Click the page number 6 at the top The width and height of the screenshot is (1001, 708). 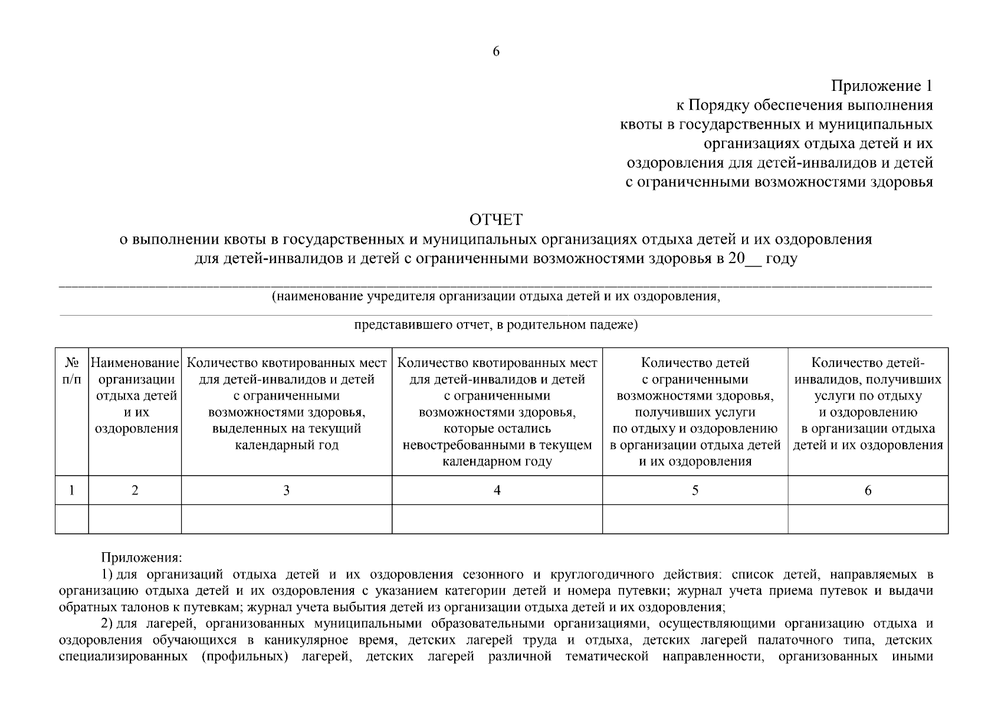[x=496, y=52]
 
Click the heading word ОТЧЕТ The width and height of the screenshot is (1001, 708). [x=496, y=220]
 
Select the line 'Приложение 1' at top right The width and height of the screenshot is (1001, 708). [x=882, y=87]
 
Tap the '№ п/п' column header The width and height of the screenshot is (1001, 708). [x=71, y=370]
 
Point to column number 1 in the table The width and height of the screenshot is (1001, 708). [x=71, y=490]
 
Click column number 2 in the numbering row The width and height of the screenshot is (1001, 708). [x=135, y=490]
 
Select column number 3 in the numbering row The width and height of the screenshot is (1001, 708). [x=287, y=490]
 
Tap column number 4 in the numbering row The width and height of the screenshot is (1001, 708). [x=497, y=490]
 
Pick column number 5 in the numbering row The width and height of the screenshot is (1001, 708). [x=695, y=490]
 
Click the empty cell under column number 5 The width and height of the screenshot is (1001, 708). [x=695, y=519]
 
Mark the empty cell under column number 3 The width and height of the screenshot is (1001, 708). [x=287, y=519]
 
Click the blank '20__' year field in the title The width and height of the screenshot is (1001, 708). [x=745, y=259]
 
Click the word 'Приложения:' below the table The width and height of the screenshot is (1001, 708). [x=142, y=558]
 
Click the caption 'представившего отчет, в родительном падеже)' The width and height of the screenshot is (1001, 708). [x=496, y=325]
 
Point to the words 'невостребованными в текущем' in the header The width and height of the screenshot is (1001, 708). [x=497, y=445]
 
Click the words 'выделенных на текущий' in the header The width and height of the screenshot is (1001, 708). [x=287, y=429]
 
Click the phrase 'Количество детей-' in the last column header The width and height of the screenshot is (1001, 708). [x=868, y=362]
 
